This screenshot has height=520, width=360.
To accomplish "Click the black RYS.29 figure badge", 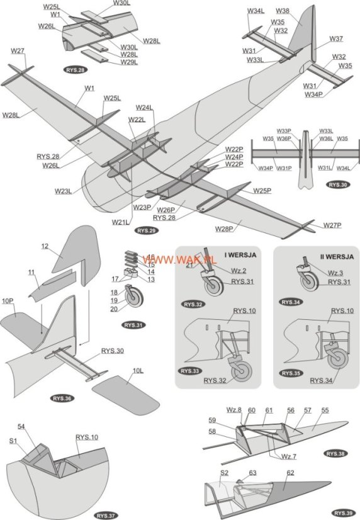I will pyautogui.click(x=145, y=230).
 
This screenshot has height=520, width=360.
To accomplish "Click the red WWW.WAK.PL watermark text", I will pyautogui.click(x=180, y=259).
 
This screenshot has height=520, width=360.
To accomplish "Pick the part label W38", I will pyautogui.click(x=283, y=11).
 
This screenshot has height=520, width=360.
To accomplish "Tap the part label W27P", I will pyautogui.click(x=332, y=225).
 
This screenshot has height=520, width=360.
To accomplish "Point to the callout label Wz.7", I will pyautogui.click(x=289, y=456).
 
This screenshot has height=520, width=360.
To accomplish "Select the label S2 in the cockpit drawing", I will pyautogui.click(x=224, y=472).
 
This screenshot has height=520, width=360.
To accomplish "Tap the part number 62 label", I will pyautogui.click(x=290, y=472).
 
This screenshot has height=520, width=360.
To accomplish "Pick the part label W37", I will pyautogui.click(x=336, y=38).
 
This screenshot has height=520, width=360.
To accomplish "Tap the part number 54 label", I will pyautogui.click(x=38, y=427).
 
